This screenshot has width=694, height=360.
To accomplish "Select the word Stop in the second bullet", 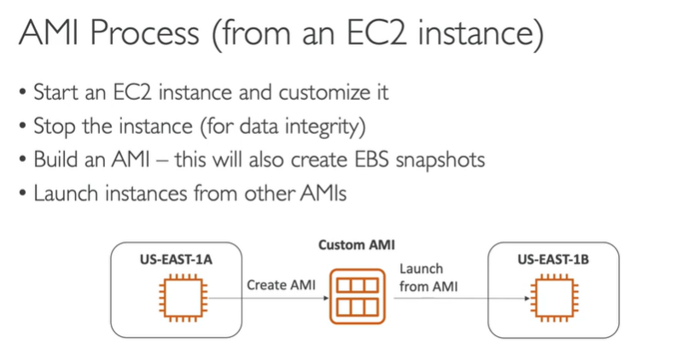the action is [51, 125].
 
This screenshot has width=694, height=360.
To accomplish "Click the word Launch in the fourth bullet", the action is [64, 193].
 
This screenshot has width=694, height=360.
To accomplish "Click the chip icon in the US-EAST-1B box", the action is [552, 298].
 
